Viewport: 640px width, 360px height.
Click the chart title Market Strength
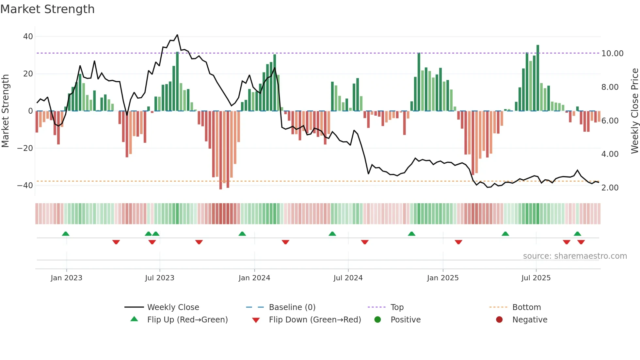point(47,9)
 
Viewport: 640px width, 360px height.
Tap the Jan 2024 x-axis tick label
point(254,278)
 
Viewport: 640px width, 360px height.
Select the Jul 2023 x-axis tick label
point(160,278)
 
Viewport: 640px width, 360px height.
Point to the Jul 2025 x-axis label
point(536,278)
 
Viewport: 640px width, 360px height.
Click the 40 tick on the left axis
point(28,37)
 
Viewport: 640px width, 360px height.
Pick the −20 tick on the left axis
point(25,148)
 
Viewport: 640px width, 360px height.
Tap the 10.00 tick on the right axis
point(612,54)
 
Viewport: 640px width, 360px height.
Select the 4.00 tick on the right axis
point(610,154)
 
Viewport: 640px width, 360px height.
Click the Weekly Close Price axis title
point(634,111)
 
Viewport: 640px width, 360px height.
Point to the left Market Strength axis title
point(6,111)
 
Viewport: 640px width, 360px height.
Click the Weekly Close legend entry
point(173,307)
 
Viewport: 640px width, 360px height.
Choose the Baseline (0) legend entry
point(292,307)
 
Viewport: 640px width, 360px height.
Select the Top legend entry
point(397,307)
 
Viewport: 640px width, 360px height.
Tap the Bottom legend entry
point(526,307)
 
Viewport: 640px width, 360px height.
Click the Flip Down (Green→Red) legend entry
point(314,320)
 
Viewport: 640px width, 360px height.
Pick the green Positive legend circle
point(378,320)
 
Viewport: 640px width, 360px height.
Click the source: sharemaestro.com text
point(575,256)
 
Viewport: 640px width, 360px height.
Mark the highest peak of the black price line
point(177,35)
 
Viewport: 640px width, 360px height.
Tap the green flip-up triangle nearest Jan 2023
point(66,234)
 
